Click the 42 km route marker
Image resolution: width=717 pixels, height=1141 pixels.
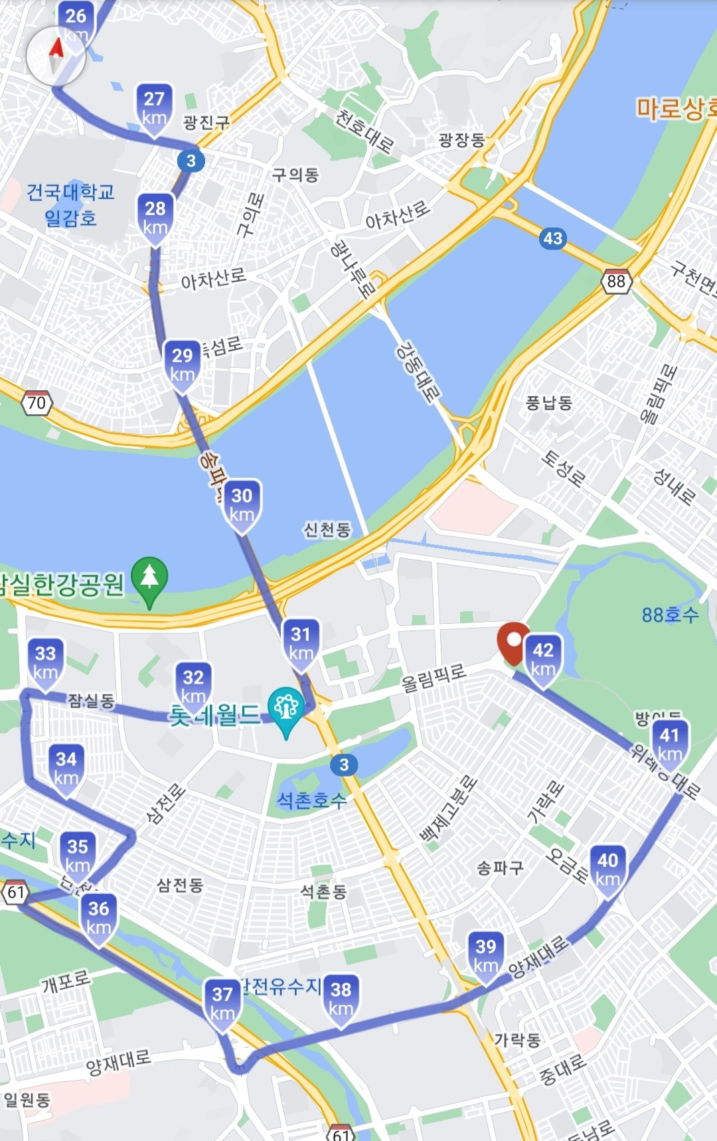point(543,659)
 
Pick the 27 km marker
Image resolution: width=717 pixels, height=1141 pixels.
point(154,108)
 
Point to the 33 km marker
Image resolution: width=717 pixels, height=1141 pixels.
point(45,662)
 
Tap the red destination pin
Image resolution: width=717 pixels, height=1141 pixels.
point(513,642)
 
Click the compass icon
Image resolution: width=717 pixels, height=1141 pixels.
point(56,56)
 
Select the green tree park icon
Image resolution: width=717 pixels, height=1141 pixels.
point(150,579)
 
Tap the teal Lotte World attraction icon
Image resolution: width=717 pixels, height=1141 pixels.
point(286,709)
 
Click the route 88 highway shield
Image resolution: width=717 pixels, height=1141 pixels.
point(616,281)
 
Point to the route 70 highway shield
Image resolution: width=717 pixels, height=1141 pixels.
point(37,403)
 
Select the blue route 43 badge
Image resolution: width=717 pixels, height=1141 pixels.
point(553,238)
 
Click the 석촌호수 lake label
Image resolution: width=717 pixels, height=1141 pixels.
point(311,800)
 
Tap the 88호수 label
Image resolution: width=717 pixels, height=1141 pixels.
point(670,615)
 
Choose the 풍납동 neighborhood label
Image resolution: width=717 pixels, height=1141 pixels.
point(548,403)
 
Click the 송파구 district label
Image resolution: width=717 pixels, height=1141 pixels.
point(500,868)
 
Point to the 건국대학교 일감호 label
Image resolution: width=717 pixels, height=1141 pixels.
point(70,204)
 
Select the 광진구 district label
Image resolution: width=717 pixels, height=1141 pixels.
point(206,122)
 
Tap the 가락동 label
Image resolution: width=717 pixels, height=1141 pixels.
point(517,1039)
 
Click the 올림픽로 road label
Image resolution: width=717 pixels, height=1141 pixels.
point(434,678)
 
